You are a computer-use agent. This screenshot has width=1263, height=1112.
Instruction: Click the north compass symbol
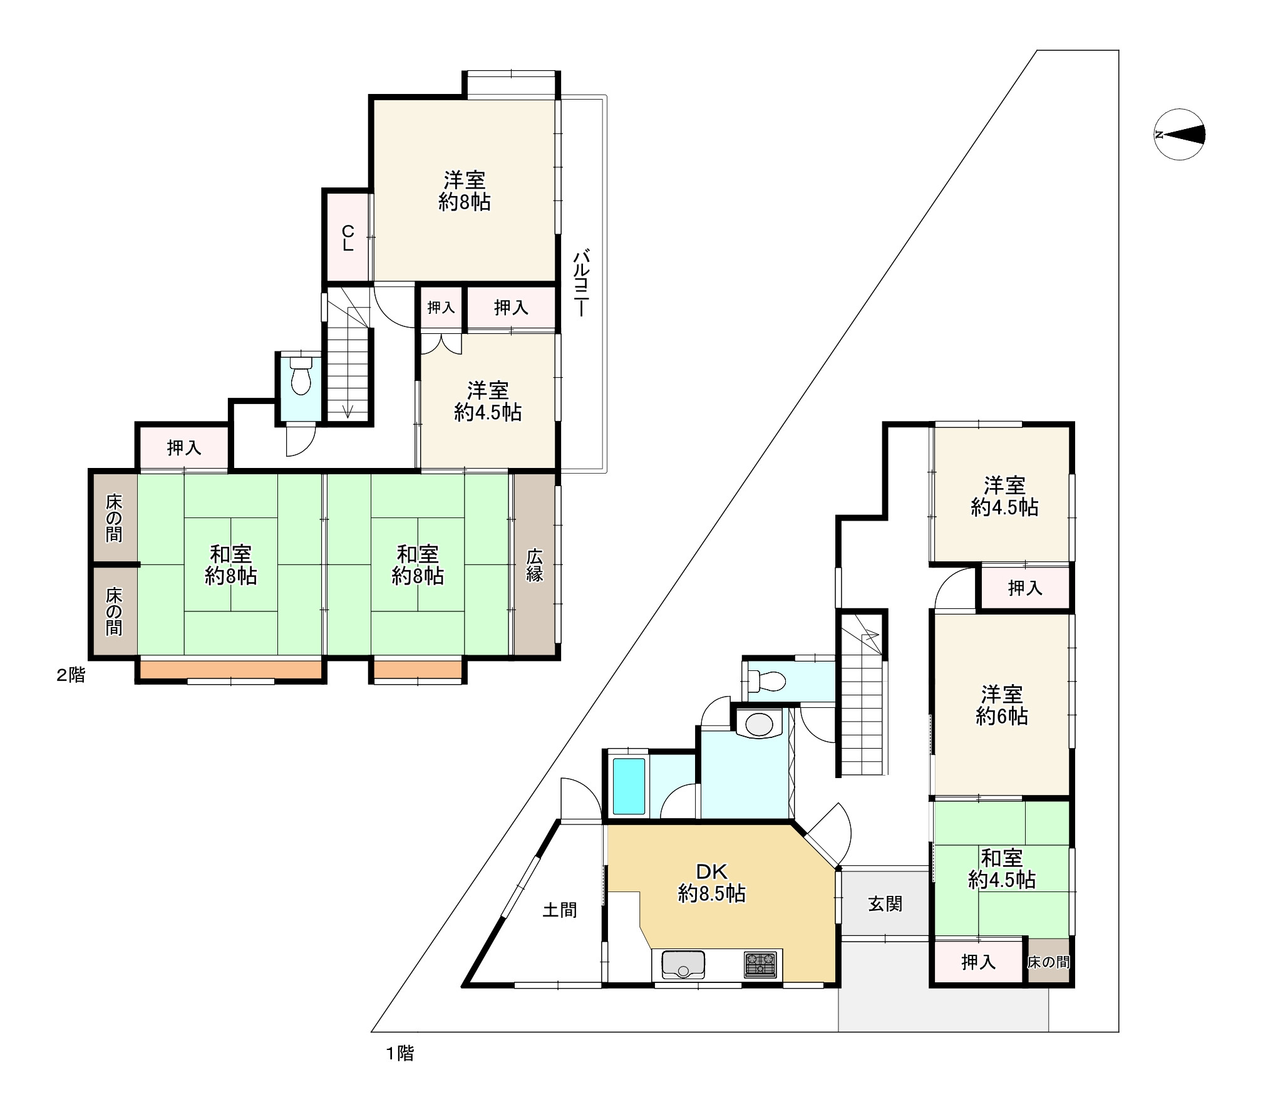[x=1180, y=135]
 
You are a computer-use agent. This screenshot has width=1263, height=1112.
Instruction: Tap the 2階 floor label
[x=71, y=675]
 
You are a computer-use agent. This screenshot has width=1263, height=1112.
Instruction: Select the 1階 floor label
[x=400, y=1054]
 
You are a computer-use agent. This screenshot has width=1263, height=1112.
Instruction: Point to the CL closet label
[x=348, y=239]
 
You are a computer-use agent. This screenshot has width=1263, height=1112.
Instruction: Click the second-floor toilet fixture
[x=301, y=376]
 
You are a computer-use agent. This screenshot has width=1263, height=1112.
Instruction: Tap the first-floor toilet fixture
[x=767, y=680]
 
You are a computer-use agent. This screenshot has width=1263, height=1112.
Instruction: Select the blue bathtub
[x=629, y=786]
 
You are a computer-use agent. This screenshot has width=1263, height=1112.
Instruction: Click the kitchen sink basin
[x=683, y=965]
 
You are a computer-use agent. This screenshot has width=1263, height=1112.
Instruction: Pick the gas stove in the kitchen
[x=760, y=965]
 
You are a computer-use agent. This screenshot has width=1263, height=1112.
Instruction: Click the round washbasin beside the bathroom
[x=760, y=724]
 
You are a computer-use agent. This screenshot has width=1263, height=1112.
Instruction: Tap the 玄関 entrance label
[x=885, y=903]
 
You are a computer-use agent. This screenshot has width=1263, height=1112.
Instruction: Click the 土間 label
[x=559, y=909]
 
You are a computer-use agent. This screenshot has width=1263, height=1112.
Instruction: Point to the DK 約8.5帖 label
[x=711, y=883]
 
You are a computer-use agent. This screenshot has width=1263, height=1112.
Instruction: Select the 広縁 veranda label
[x=534, y=565]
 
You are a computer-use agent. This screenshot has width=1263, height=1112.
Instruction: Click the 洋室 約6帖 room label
[x=1001, y=705]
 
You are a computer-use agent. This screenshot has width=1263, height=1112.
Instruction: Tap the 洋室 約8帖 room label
[x=464, y=191]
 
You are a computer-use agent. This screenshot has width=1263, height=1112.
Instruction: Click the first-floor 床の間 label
[x=1048, y=962]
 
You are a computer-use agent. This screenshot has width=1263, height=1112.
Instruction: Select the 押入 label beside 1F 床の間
[x=978, y=962]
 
